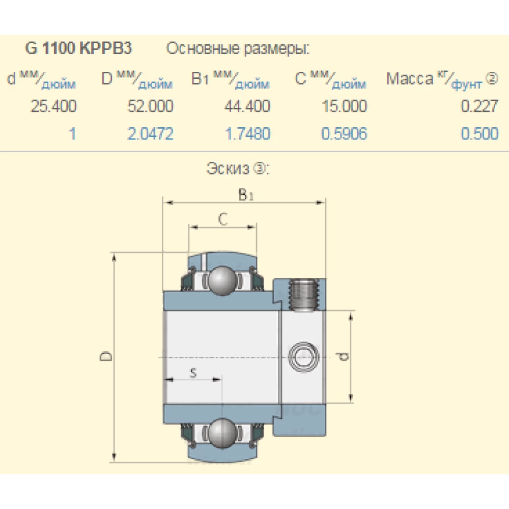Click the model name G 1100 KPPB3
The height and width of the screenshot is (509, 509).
(x=78, y=48)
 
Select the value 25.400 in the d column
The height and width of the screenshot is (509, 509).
(x=53, y=106)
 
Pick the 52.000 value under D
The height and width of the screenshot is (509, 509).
(x=150, y=106)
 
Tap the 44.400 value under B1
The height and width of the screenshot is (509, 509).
(x=247, y=106)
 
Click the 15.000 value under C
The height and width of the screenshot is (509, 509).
(x=345, y=106)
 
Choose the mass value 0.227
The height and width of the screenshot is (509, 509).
(x=479, y=106)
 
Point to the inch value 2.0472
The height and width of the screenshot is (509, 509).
(x=150, y=134)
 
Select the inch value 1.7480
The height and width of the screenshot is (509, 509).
(x=247, y=134)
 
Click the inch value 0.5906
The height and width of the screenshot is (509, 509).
(x=345, y=134)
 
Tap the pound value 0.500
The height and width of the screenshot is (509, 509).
(x=479, y=134)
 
